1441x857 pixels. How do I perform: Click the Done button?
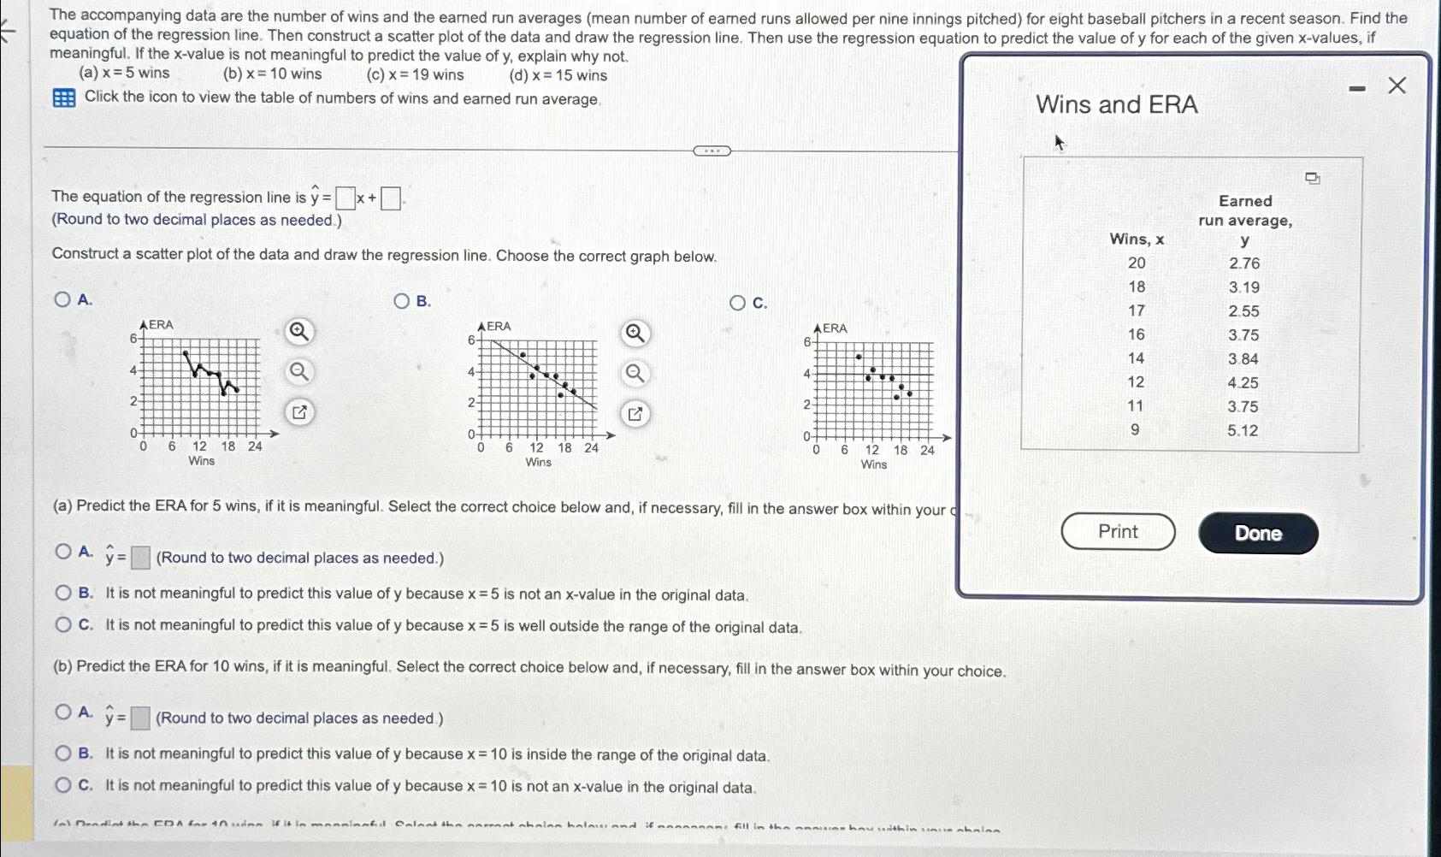click(1258, 534)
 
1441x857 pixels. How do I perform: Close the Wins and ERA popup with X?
click(1397, 86)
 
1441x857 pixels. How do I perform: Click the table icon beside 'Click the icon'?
click(64, 98)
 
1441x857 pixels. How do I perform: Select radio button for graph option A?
click(62, 299)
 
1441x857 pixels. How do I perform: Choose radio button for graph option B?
click(402, 301)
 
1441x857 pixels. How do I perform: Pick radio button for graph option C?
click(738, 303)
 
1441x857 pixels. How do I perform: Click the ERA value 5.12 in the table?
click(1243, 430)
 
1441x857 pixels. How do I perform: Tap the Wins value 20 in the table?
click(1137, 263)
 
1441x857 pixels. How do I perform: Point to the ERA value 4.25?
click(1243, 382)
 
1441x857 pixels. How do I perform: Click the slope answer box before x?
click(345, 199)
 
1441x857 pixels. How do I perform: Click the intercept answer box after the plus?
click(391, 199)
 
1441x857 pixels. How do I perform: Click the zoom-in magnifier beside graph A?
click(298, 331)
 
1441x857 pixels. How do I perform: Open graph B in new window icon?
click(635, 415)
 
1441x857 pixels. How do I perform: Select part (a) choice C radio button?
click(63, 625)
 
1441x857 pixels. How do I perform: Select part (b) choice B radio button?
click(63, 754)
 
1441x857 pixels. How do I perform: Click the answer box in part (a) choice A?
click(141, 559)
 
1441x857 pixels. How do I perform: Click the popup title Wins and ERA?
click(1116, 104)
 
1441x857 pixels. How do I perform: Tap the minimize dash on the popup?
click(1356, 87)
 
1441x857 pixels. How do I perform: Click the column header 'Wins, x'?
click(1137, 239)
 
